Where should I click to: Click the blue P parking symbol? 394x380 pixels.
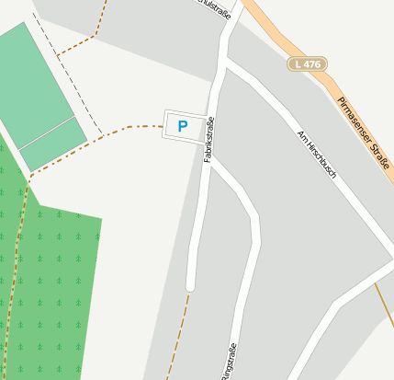[182, 126]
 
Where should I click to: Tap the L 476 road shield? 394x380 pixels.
[306, 63]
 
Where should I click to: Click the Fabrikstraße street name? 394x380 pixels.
[208, 141]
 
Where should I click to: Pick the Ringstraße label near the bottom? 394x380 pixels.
[228, 361]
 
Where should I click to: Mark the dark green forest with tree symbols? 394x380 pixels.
[51, 285]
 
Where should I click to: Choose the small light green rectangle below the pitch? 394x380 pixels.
[53, 144]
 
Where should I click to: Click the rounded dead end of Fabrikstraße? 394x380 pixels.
[190, 284]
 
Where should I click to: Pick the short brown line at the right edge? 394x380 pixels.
[384, 304]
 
